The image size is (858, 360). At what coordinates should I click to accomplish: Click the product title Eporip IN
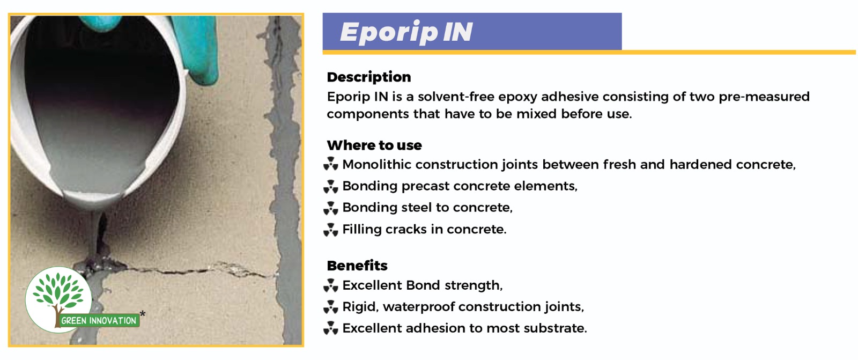point(406,32)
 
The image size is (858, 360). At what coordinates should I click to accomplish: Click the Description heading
point(369,77)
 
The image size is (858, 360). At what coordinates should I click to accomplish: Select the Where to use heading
point(374,145)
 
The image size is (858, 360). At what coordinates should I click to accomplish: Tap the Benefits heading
point(357,265)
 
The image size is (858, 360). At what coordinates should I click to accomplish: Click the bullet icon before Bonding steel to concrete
point(330,208)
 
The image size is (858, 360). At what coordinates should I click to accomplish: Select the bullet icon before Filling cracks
point(330,230)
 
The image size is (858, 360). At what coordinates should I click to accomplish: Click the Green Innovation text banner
point(99,320)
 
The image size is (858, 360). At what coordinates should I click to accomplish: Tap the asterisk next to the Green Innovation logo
point(143,314)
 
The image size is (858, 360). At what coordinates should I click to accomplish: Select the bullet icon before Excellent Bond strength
point(330,285)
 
